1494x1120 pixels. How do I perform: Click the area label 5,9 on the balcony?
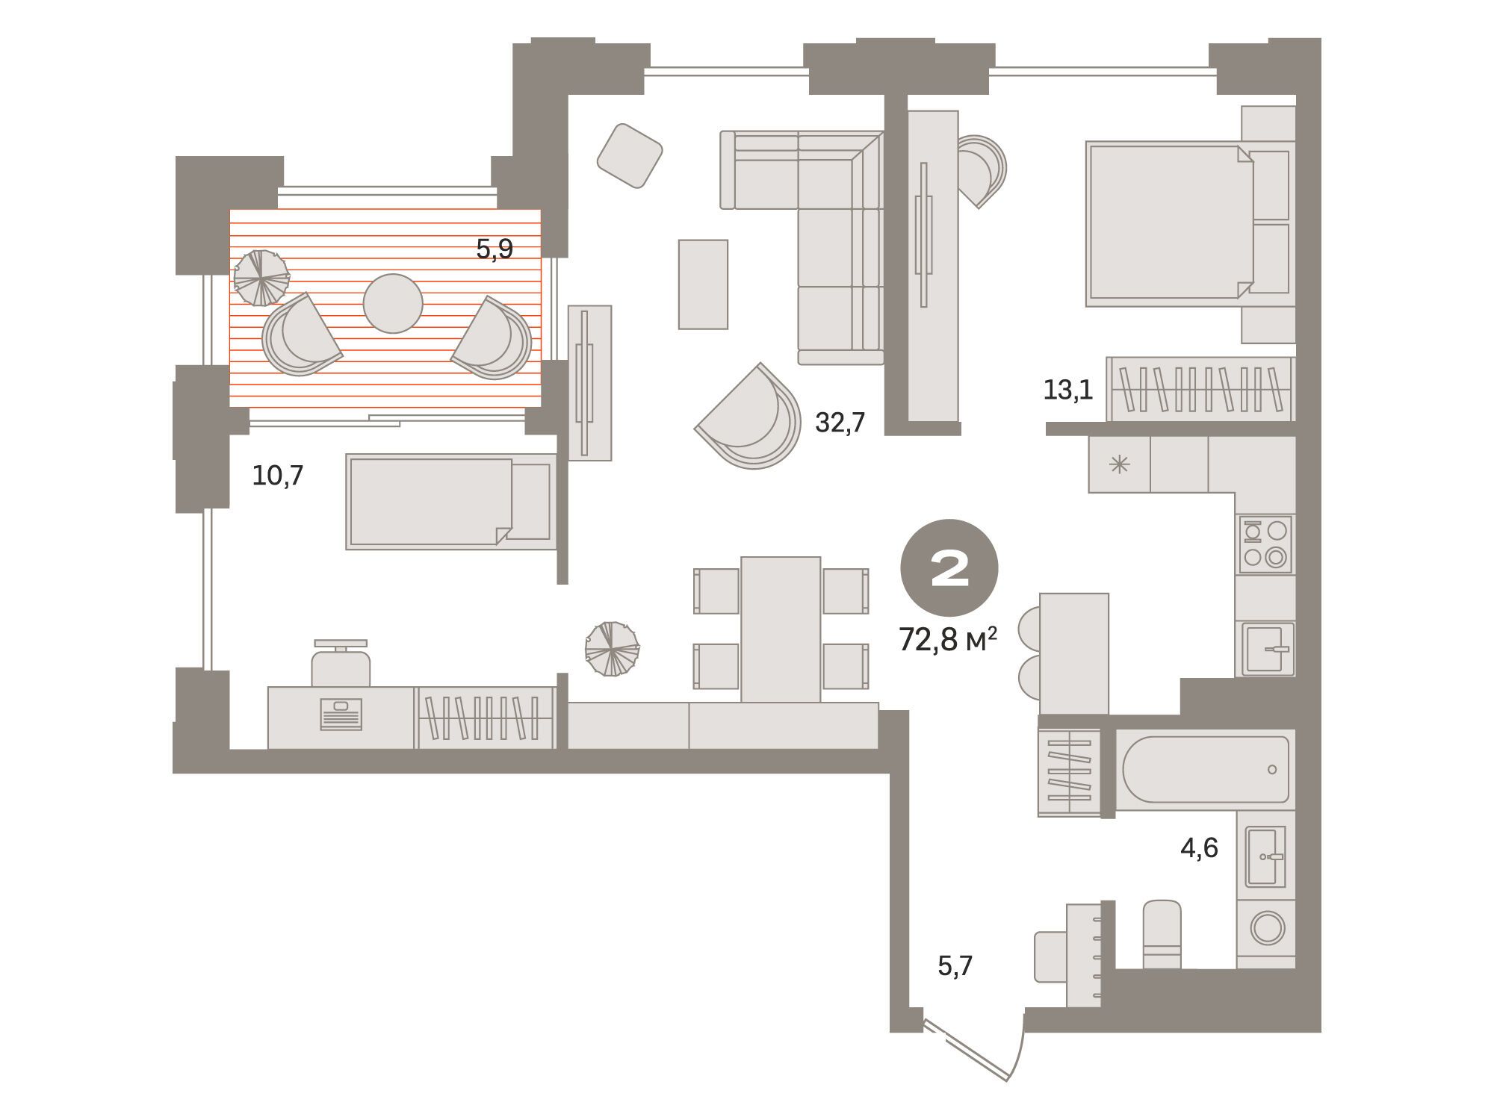tap(495, 249)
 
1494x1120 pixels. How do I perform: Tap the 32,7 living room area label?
tap(840, 423)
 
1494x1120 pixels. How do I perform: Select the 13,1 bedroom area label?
tap(1068, 389)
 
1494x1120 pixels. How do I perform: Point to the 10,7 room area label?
tap(278, 475)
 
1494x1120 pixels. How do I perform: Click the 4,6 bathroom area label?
tap(1199, 847)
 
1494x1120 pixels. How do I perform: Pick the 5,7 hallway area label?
tap(955, 966)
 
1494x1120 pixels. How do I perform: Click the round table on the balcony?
tap(393, 303)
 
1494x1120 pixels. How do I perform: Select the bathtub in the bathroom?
tap(1205, 769)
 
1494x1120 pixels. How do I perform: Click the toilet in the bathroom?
tap(1162, 934)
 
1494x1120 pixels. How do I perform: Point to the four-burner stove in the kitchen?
tap(1265, 544)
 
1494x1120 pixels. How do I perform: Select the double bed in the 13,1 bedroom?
tap(1188, 225)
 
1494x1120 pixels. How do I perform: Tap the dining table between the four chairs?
tap(781, 629)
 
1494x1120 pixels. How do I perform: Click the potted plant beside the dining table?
tap(612, 649)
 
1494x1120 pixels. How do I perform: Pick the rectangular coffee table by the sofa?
tap(703, 284)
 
